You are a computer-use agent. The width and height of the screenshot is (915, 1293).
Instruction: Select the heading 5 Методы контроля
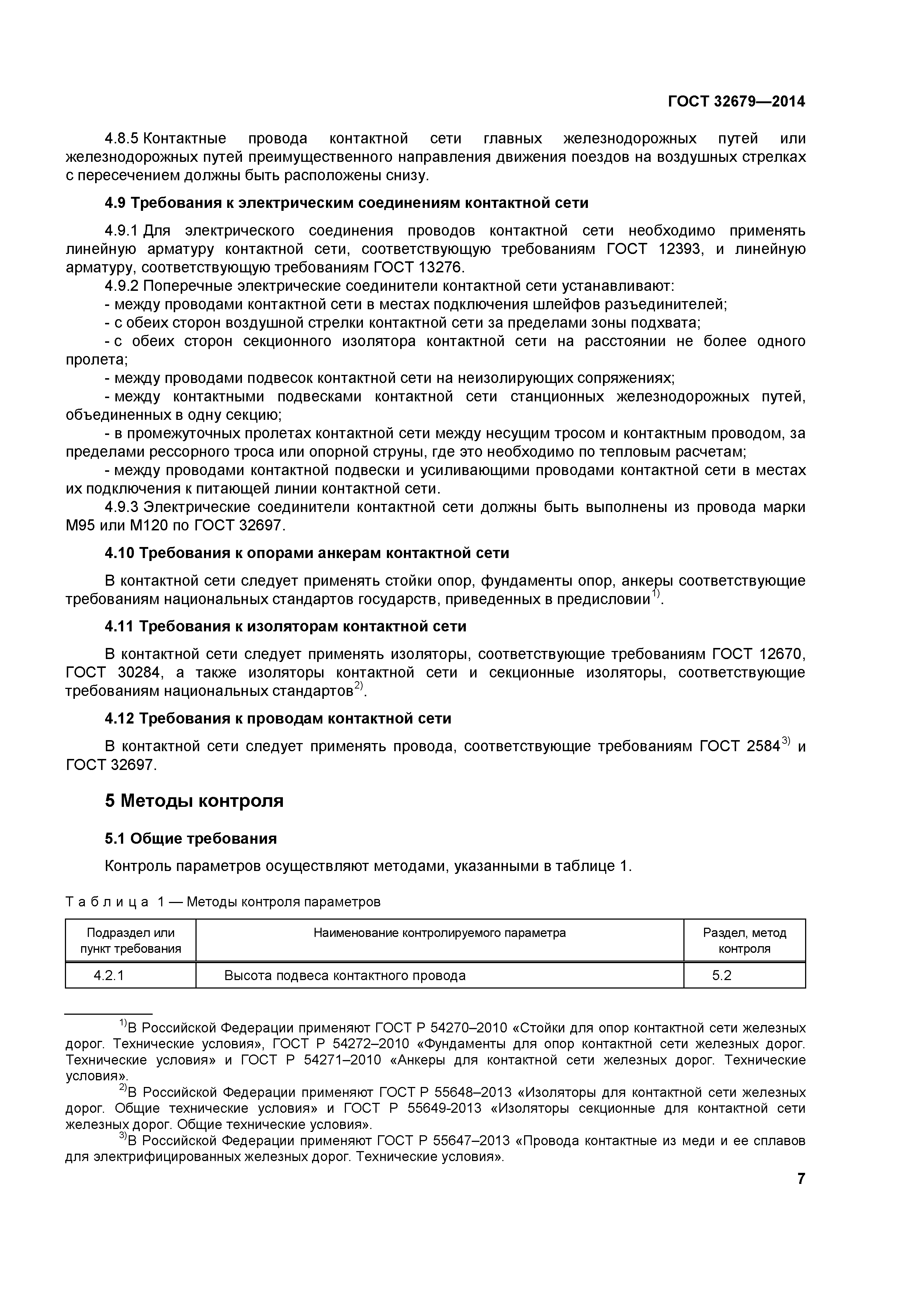(x=194, y=800)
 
